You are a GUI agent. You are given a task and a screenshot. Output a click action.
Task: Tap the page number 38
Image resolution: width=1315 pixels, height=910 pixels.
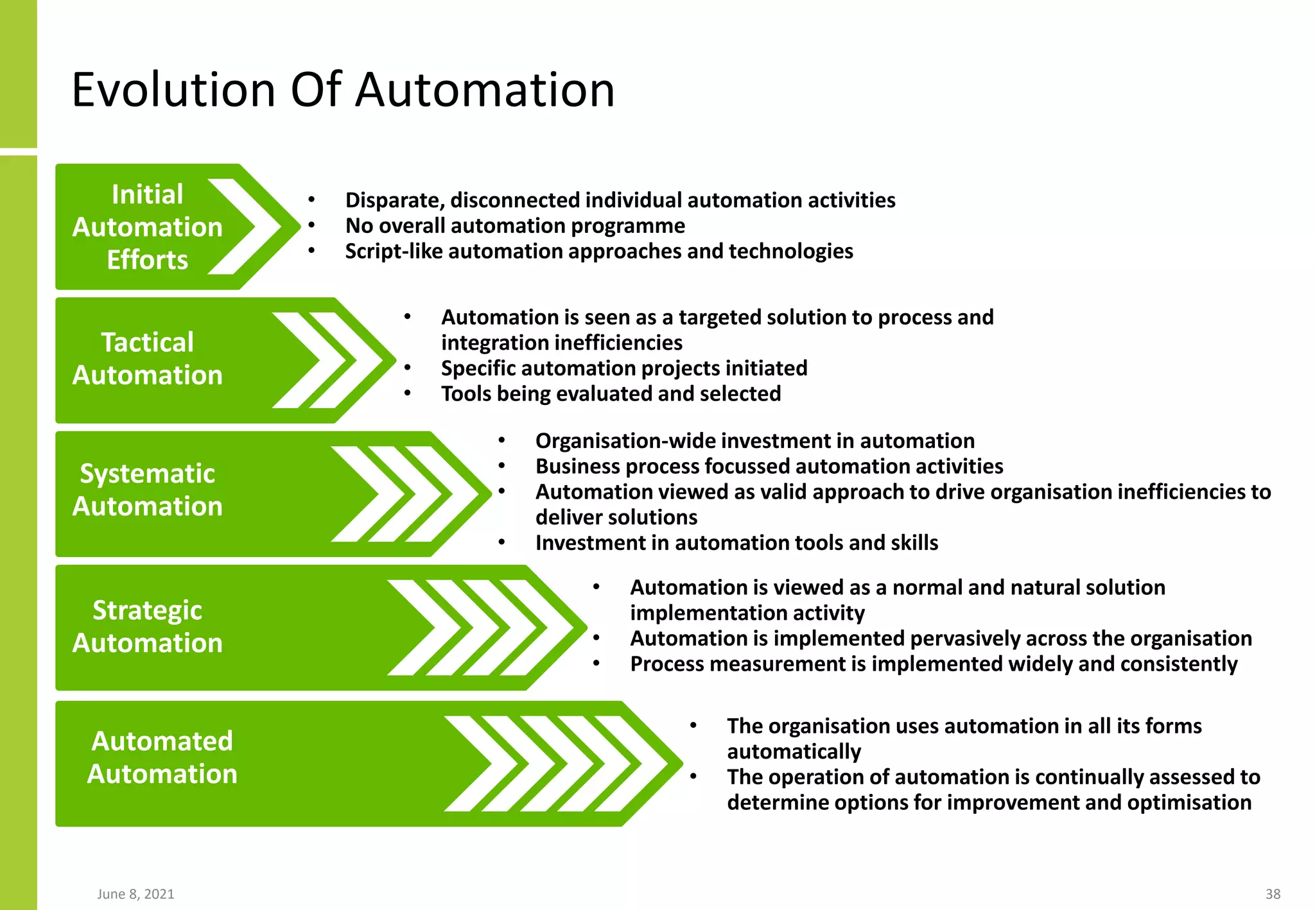tap(1273, 894)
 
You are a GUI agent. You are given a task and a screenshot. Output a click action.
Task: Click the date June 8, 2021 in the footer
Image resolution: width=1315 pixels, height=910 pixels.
tap(135, 894)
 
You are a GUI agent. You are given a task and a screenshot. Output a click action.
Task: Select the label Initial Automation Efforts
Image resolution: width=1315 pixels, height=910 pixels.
tap(147, 227)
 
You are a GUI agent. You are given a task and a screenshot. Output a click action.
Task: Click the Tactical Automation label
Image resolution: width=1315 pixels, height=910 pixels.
tap(147, 359)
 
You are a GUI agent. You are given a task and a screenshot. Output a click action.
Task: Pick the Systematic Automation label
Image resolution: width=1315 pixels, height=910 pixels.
tap(147, 490)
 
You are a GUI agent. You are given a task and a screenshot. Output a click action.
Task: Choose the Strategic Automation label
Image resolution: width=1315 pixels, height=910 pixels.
tap(147, 626)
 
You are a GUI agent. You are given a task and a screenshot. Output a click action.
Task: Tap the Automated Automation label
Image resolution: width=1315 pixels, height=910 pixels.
tap(162, 757)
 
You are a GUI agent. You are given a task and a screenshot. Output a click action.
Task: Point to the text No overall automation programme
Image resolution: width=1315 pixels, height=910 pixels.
tap(515, 226)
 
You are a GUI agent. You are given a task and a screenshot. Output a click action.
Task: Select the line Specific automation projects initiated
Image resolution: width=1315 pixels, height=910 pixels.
tap(623, 368)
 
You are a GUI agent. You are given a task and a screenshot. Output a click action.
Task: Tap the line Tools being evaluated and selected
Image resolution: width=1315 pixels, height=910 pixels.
tap(611, 393)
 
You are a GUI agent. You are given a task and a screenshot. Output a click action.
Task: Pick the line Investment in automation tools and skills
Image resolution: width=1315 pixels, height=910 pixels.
tap(736, 543)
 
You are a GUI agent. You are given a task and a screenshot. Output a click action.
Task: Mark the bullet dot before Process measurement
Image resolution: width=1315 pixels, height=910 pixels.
tap(596, 664)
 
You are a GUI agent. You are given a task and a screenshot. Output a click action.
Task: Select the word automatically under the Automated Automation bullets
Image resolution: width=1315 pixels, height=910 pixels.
tap(794, 751)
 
